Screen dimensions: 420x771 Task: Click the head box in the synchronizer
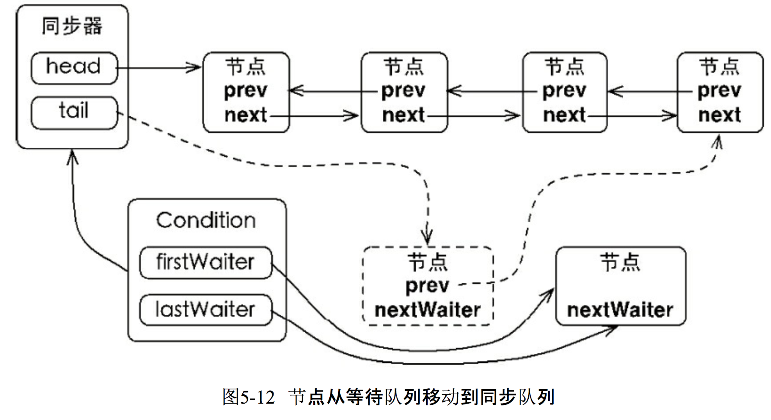tap(74, 68)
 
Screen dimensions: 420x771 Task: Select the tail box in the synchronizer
tap(74, 112)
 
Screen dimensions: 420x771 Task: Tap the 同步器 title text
tap(72, 26)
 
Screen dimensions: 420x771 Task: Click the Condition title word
tap(206, 221)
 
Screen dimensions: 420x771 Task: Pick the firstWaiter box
tap(205, 262)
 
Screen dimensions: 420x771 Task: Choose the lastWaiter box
tap(205, 310)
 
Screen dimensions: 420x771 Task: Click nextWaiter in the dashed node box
tap(427, 310)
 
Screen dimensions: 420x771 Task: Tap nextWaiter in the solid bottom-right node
tap(620, 310)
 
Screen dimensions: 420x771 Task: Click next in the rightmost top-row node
tap(719, 115)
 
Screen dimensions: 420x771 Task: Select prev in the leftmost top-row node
tap(245, 91)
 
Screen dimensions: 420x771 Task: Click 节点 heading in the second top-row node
tap(403, 67)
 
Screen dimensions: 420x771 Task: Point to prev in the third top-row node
tap(564, 91)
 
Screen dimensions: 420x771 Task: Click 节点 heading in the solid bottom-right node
tap(620, 262)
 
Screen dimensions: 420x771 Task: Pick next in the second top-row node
tap(403, 115)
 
